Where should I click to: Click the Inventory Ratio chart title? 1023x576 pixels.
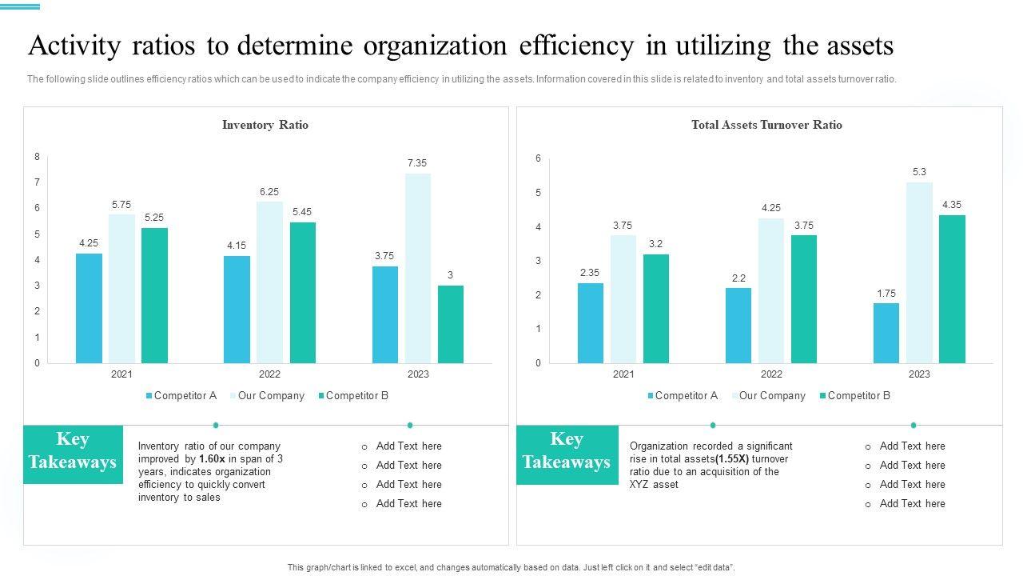coord(265,125)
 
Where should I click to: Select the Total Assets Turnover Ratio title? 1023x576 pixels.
coord(766,125)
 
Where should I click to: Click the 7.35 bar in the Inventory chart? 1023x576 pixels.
coord(417,268)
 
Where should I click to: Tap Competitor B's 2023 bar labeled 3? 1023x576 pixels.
coord(450,324)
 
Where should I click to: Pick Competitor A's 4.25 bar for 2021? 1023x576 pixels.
coord(89,308)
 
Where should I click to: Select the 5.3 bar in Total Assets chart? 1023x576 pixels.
coord(919,272)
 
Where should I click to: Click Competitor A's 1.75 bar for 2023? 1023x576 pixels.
coord(886,333)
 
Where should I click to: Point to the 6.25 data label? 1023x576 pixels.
coord(269,192)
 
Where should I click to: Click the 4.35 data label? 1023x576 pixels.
coord(952,205)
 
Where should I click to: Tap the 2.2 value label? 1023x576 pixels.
coord(738,278)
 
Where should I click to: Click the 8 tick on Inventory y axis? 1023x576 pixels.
coord(37,157)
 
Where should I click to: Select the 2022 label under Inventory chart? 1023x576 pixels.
coord(269,374)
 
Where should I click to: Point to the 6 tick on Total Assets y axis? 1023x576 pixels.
coord(538,158)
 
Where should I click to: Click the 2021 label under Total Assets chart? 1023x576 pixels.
coord(623,374)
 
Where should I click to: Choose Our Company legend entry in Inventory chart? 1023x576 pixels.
coord(271,396)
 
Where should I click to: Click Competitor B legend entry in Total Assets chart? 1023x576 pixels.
coord(858,396)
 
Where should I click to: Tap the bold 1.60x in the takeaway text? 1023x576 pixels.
coord(212,459)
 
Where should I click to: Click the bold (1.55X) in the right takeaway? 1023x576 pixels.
coord(732,459)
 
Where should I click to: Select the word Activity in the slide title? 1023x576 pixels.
coord(72,46)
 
